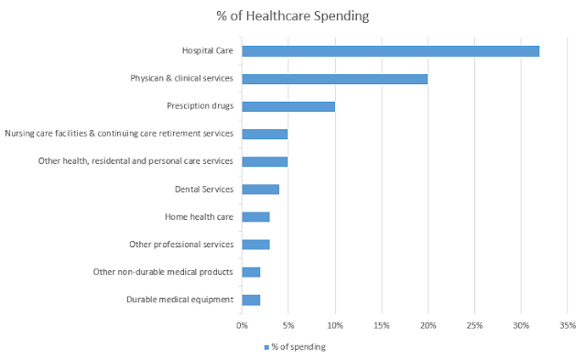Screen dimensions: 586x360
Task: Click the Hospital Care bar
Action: point(391,51)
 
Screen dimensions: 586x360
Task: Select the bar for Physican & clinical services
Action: point(335,79)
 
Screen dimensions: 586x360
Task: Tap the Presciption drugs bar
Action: point(288,106)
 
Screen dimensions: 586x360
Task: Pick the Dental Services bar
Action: point(260,190)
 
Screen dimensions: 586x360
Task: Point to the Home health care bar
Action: point(256,217)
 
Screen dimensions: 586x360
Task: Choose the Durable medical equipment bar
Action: point(251,300)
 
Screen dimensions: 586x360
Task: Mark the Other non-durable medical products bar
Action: point(251,272)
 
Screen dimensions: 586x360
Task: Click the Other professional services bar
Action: point(256,245)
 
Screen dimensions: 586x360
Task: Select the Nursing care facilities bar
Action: point(265,135)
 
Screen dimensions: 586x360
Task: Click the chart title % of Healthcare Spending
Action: point(293,16)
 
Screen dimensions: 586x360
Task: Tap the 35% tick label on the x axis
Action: point(568,325)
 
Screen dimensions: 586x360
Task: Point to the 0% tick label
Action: point(242,325)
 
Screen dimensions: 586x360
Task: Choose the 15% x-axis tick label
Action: point(382,325)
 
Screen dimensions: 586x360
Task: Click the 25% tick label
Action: point(474,325)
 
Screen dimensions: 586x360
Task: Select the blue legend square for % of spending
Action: point(266,347)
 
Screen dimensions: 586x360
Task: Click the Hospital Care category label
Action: point(208,50)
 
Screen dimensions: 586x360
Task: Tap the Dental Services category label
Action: point(204,189)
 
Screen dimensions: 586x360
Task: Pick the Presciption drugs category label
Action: point(200,106)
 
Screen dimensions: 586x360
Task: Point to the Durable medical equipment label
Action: point(179,300)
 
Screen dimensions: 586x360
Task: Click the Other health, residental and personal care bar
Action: point(265,162)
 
